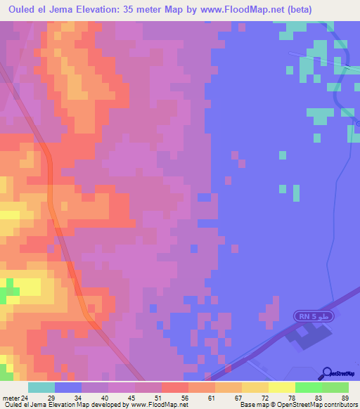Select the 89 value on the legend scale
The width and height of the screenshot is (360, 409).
coord(345,398)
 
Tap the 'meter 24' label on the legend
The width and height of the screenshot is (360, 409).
coord(16,398)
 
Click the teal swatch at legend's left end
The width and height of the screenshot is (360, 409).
coord(41,387)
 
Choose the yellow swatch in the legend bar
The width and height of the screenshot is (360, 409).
coord(281,387)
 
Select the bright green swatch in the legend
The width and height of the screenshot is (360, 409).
coord(308,387)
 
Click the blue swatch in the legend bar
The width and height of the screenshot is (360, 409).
coord(67,387)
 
